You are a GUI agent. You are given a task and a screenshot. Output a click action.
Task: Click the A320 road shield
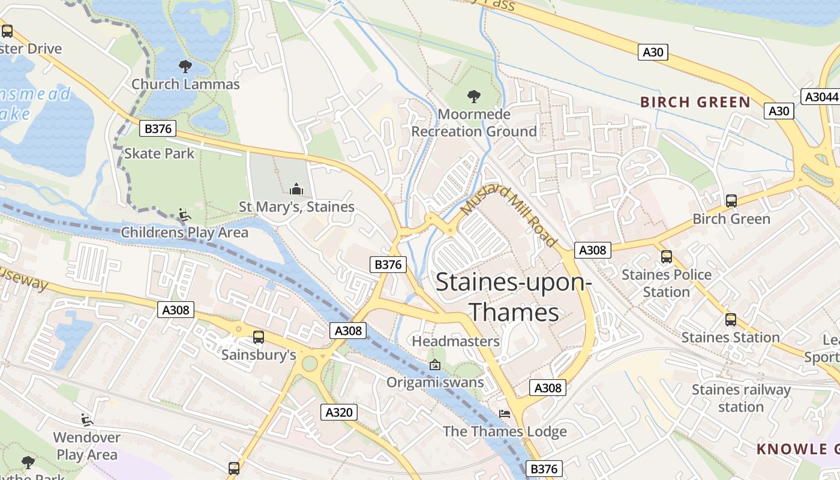(339, 412)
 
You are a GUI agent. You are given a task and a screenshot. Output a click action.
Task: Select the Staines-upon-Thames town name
(514, 297)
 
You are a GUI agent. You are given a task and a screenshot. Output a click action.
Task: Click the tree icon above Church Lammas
(185, 67)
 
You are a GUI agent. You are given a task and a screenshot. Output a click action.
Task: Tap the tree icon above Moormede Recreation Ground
(474, 96)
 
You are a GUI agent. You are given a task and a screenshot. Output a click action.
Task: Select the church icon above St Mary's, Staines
(296, 190)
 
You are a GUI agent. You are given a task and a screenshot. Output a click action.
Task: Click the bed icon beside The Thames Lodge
(505, 414)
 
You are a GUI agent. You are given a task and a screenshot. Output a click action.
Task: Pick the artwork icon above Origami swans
(435, 365)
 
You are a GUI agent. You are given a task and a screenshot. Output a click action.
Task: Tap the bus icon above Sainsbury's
(259, 337)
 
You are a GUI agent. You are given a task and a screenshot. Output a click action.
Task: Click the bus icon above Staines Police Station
(666, 257)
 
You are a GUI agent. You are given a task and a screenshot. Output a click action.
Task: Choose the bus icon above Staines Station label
(730, 320)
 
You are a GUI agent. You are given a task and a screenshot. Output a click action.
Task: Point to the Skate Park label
(159, 154)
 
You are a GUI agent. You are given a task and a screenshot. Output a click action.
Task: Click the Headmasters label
(455, 341)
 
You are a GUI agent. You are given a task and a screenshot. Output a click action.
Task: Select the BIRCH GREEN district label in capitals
(695, 102)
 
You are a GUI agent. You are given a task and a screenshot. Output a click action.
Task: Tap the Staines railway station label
(741, 398)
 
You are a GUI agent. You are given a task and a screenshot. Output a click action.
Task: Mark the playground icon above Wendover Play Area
(87, 419)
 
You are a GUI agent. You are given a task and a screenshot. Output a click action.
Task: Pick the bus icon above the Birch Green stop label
(731, 201)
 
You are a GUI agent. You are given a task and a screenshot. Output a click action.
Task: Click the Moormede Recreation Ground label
(474, 123)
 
